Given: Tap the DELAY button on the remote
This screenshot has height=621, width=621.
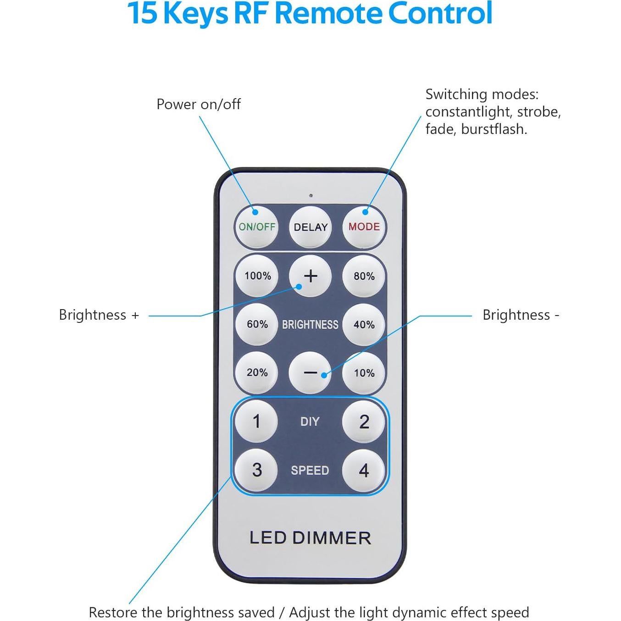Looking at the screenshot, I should coord(310,227).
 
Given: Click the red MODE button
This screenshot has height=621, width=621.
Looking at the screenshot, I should coord(364,227).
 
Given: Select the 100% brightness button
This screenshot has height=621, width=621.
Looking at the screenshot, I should coord(257,276).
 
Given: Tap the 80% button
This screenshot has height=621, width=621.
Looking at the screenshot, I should coord(364,276).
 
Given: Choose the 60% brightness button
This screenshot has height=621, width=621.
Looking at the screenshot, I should coord(257,324).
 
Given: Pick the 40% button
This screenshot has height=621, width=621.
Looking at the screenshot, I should coord(364,325).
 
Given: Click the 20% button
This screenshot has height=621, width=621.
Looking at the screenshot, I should coord(257,372).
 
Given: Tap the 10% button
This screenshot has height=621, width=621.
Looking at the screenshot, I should coord(364,373).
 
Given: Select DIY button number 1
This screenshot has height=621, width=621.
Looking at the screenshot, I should coord(256,421).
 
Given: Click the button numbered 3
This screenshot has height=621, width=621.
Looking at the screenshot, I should coord(257,470).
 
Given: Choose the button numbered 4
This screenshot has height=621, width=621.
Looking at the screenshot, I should coord(364,470).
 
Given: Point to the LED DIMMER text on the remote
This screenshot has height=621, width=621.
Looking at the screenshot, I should coord(310,538).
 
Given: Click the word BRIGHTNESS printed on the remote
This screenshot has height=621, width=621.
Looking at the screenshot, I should coord(310,325).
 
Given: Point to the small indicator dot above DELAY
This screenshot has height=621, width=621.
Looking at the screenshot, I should coord(311,196).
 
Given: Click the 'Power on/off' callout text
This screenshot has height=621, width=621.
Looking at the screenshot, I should coord(199,105).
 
